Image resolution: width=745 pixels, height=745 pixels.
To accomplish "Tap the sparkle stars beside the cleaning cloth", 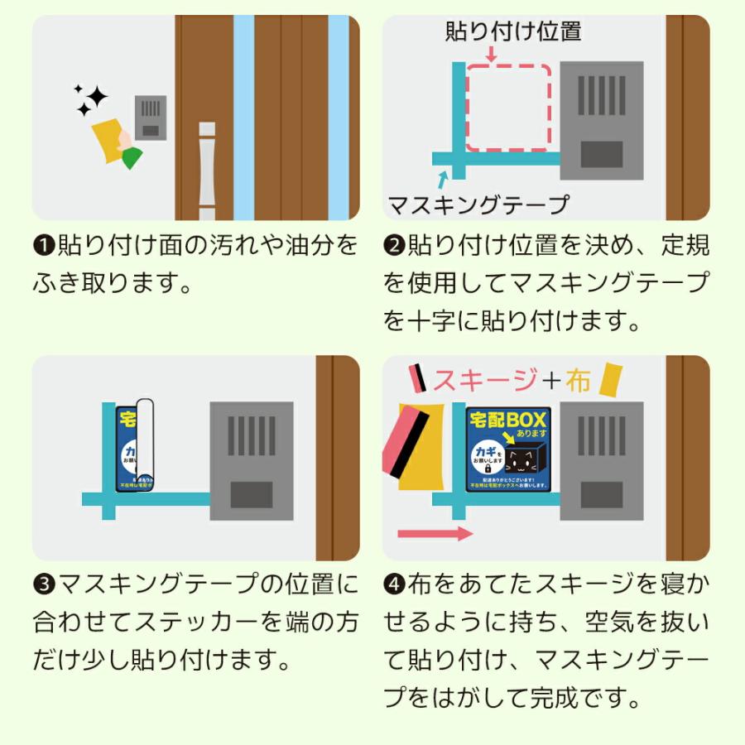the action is (90, 100).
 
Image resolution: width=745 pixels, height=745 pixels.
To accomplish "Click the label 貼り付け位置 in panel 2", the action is (513, 32).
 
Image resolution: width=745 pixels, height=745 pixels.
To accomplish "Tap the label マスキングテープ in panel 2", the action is (478, 204).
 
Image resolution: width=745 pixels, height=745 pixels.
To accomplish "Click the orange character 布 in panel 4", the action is (578, 380).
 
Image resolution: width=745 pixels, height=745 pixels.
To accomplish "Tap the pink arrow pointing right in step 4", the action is (435, 533).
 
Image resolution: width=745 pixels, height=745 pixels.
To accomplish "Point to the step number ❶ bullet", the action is (43, 247).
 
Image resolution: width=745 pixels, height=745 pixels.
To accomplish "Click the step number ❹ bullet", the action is (393, 584).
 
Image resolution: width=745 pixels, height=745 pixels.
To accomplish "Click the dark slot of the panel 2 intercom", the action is (602, 155).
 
